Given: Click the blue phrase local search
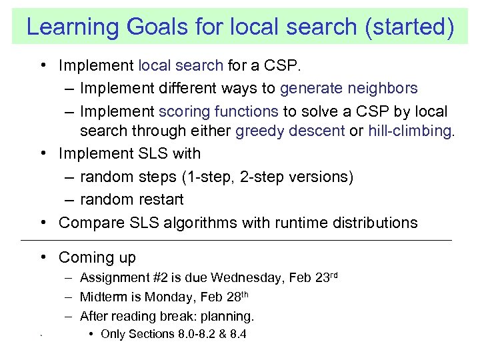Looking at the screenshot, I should click(180, 66).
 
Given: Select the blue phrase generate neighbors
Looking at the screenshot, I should click(349, 88).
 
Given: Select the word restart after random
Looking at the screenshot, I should click(159, 199).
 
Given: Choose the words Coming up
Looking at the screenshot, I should click(97, 257).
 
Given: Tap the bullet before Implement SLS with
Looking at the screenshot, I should click(43, 153).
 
